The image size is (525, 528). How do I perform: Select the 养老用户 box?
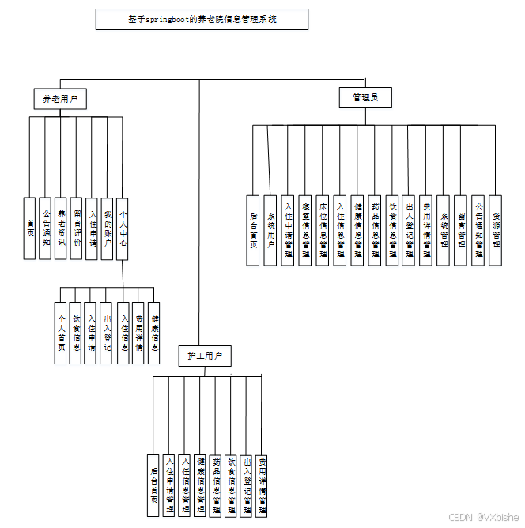[x=60, y=99]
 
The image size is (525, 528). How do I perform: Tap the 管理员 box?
[x=365, y=97]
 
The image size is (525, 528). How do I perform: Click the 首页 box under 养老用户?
[x=30, y=228]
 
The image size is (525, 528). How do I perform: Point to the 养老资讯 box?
[x=61, y=228]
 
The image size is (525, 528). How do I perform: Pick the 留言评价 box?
[x=77, y=228]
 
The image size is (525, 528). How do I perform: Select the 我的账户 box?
[x=108, y=228]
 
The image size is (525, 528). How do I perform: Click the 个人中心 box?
[x=123, y=228]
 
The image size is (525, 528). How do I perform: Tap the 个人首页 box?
[x=60, y=333]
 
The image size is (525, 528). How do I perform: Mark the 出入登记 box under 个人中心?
[x=107, y=333]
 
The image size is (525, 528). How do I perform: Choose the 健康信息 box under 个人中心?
[x=154, y=333]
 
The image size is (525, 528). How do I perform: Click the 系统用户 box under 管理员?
[x=270, y=229]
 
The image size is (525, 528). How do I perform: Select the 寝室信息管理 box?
[x=305, y=229]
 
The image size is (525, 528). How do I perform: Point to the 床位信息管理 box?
[x=323, y=229]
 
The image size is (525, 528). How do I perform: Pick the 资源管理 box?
[x=496, y=229]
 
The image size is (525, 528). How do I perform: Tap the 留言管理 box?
[x=461, y=229]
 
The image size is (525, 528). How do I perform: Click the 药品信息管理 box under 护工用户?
[x=215, y=485]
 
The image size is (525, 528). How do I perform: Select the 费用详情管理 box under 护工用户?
[x=262, y=485]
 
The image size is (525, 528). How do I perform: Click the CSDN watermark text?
[x=483, y=517]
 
